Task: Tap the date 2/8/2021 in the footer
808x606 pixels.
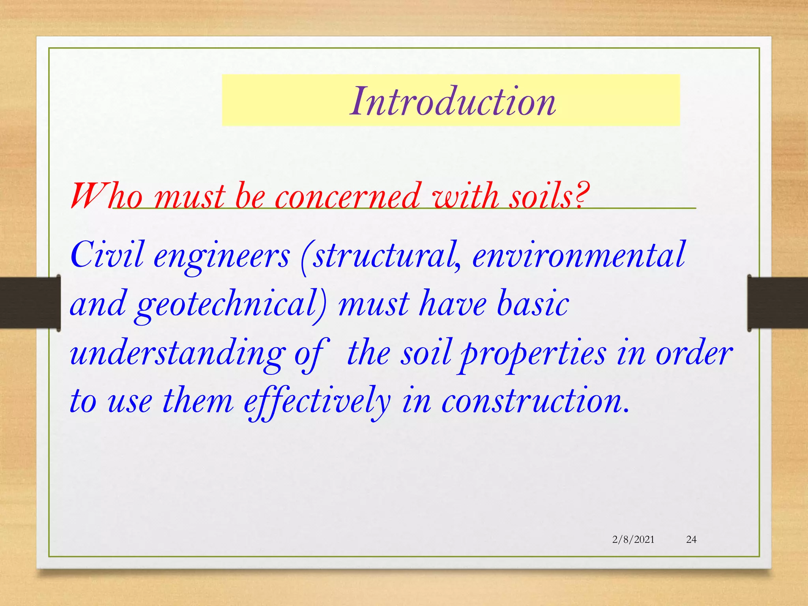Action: pyautogui.click(x=633, y=539)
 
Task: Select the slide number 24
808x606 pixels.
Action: pyautogui.click(x=691, y=539)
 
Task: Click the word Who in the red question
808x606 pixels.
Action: pyautogui.click(x=106, y=196)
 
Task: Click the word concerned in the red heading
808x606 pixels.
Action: pyautogui.click(x=348, y=196)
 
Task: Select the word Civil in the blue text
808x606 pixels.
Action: pyautogui.click(x=107, y=255)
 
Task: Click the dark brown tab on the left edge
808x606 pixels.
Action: pyautogui.click(x=30, y=303)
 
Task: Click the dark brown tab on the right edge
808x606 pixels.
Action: pyautogui.click(x=777, y=303)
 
